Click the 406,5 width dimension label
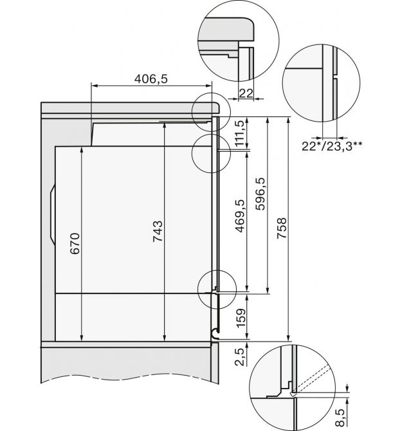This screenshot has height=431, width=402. click(x=151, y=79)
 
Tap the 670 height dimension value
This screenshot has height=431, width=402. click(x=75, y=244)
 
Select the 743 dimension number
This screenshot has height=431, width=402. click(x=158, y=231)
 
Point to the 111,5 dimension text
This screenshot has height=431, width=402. click(x=239, y=133)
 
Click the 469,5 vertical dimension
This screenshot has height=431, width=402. click(x=239, y=216)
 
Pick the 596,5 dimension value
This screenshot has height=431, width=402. click(x=260, y=194)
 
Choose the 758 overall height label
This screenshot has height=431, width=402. click(x=282, y=228)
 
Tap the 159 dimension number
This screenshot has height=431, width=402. click(x=241, y=318)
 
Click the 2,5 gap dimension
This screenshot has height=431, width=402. click(x=239, y=357)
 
